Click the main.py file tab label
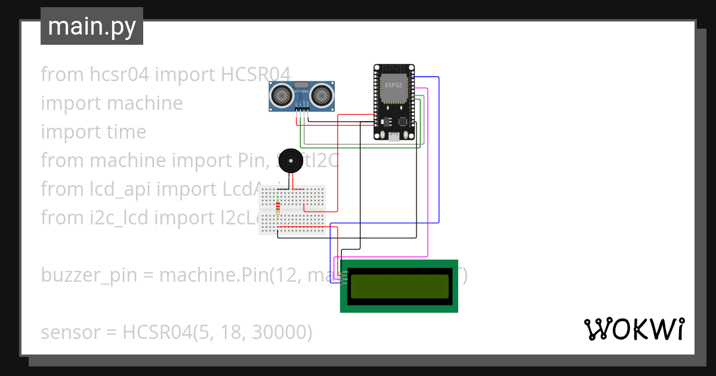(91, 26)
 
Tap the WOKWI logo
(633, 329)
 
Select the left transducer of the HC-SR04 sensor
(282, 94)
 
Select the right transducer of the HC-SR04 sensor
(322, 94)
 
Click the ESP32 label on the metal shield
(393, 85)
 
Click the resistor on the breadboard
(277, 208)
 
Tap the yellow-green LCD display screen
(399, 286)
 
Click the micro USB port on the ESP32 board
(394, 137)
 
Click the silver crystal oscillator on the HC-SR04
(302, 85)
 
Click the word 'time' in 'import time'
(125, 132)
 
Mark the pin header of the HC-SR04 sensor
(302, 107)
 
